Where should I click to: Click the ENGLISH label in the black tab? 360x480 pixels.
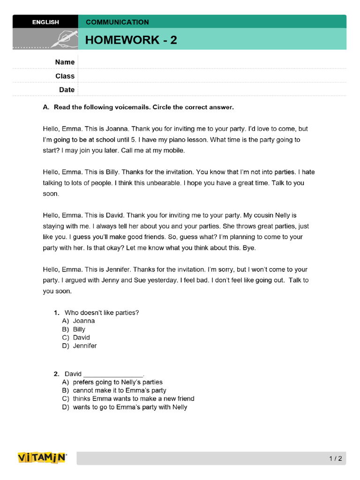click(45, 22)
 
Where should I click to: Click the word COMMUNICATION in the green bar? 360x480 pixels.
click(117, 22)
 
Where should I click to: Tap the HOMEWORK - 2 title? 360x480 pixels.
click(131, 40)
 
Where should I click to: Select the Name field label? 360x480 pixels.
click(65, 62)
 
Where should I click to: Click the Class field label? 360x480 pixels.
click(65, 76)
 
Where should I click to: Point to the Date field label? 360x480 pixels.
click(67, 90)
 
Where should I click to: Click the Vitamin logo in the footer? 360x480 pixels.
click(42, 458)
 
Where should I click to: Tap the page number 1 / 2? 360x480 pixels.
click(335, 458)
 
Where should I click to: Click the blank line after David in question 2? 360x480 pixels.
click(113, 374)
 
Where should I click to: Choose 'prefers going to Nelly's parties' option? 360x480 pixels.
click(118, 382)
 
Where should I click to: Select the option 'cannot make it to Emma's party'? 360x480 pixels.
click(120, 390)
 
